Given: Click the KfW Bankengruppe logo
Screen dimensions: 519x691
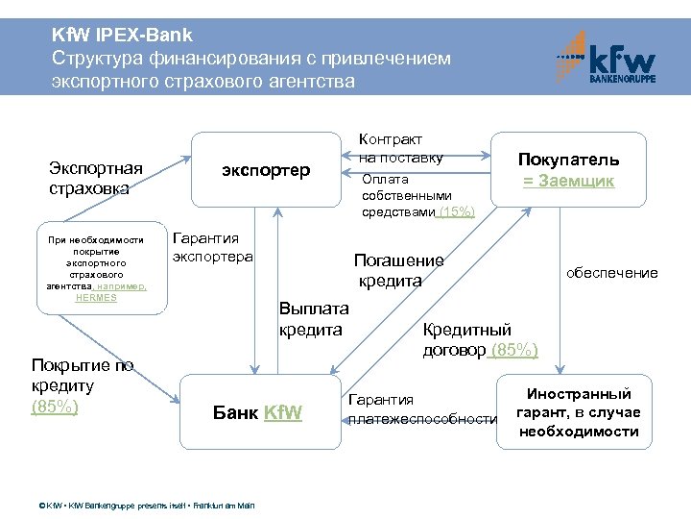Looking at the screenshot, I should (608, 58).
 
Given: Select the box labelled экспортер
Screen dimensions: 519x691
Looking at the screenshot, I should (266, 170).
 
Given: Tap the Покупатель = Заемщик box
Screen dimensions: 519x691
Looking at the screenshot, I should (569, 170).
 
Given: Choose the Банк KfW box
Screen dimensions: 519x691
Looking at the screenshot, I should (257, 413).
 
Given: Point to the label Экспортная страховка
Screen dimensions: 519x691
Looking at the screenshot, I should (96, 179).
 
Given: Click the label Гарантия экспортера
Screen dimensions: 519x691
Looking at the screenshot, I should (212, 247).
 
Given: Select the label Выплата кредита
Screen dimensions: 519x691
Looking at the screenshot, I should (313, 319).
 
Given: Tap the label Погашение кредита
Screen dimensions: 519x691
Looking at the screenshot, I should (398, 270).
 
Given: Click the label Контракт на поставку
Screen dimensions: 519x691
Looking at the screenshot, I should (400, 148).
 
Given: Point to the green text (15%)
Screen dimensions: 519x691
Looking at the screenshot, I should (456, 211).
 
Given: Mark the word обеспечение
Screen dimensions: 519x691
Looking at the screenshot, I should (611, 273).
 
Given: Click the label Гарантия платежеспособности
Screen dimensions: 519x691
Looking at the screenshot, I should (422, 409).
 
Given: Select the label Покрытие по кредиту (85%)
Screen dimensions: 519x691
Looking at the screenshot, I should (83, 385).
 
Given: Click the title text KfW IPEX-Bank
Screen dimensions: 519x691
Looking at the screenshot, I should (123, 35).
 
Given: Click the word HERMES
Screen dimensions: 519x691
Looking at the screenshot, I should (96, 297).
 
